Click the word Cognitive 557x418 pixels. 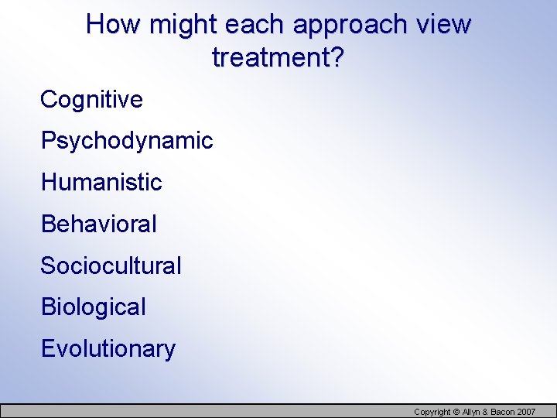tap(91, 99)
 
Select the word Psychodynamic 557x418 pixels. tap(127, 141)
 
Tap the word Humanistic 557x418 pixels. tap(101, 183)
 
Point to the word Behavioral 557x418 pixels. tap(98, 224)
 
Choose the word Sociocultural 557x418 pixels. tap(111, 266)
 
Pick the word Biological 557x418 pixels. tap(93, 307)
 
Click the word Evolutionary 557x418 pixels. tap(108, 349)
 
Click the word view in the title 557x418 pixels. tap(443, 25)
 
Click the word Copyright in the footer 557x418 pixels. tap(432, 412)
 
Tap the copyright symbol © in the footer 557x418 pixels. tap(456, 412)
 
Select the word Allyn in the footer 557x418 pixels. tap(470, 412)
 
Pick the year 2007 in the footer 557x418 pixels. tap(528, 412)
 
